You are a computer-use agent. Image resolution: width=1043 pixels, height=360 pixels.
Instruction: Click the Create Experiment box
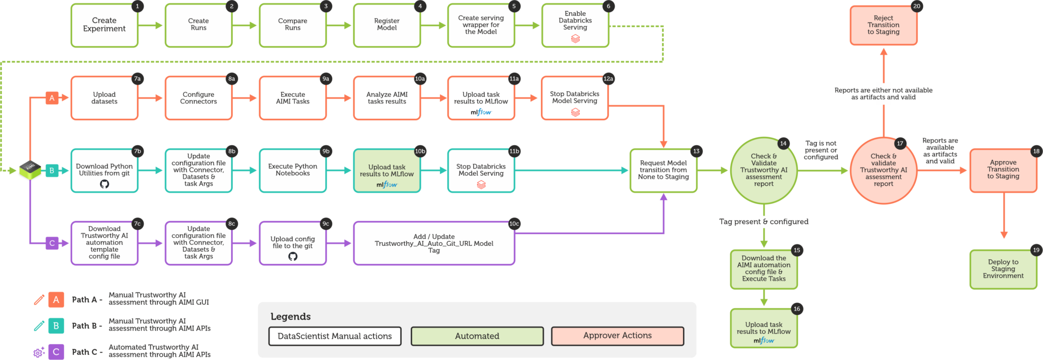104,25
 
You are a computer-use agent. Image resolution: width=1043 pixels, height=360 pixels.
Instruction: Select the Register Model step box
387,25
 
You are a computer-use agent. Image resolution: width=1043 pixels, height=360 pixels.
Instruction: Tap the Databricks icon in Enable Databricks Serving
575,39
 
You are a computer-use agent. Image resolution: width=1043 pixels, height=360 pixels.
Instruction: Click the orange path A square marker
52,98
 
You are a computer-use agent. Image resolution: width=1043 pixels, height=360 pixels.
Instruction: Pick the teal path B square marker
52,171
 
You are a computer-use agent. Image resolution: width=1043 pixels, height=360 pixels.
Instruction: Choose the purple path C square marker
52,243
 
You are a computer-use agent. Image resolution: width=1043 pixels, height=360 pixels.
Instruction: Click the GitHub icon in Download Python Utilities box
104,184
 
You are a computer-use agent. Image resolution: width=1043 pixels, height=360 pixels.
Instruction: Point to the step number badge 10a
420,79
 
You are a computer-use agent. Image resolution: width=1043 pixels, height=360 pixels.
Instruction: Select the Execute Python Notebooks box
292,170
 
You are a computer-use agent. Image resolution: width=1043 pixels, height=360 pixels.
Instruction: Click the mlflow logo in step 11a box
481,112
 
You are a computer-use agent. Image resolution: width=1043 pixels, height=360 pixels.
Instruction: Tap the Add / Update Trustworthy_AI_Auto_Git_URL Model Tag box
433,243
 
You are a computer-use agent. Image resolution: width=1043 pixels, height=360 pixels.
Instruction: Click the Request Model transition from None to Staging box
663,170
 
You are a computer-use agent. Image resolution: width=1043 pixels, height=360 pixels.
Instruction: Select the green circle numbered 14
763,170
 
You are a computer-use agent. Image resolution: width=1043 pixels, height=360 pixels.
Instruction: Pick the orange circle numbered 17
883,170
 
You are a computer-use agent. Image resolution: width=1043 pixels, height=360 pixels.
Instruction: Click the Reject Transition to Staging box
883,25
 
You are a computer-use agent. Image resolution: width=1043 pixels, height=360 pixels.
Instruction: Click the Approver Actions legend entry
617,336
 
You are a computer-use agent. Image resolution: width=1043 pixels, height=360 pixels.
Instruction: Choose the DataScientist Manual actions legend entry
335,336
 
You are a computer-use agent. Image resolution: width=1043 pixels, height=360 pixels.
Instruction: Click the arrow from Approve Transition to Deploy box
1003,219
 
